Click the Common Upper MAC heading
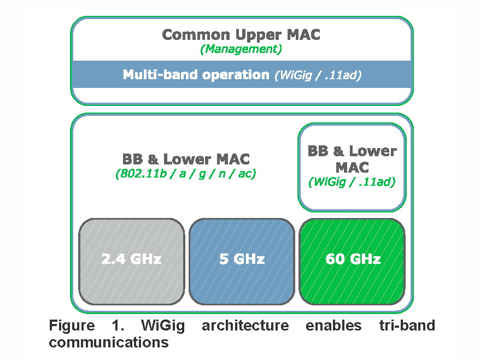pos(241,35)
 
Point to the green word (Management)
pos(241,49)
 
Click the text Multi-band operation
pos(196,75)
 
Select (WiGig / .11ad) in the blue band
pos(317,75)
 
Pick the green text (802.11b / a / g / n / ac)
pos(186,174)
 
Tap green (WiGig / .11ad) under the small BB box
pos(352,182)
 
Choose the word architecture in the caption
pos(245,326)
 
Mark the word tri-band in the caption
pos(407,326)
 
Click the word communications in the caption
pos(108,343)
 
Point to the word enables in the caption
pos(333,326)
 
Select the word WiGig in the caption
pos(162,326)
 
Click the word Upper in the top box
pos(261,35)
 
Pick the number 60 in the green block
pos(334,258)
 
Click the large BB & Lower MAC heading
pos(186,160)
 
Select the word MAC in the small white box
pos(352,167)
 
